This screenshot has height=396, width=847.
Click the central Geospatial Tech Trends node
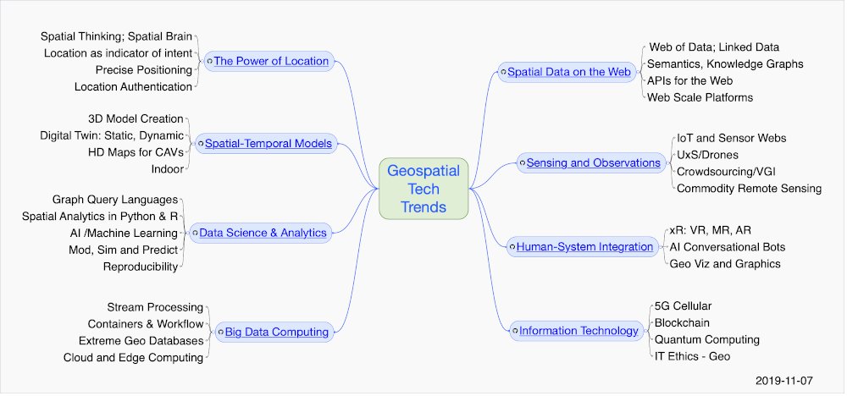(x=423, y=189)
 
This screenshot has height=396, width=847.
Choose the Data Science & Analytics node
(x=262, y=231)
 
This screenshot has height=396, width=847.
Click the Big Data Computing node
(x=275, y=332)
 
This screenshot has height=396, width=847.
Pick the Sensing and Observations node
(x=593, y=162)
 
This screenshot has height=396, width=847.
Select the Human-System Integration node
(x=584, y=247)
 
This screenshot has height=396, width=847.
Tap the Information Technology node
(x=578, y=330)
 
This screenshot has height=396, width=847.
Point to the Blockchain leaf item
(x=683, y=322)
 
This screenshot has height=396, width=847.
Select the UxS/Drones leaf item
(x=707, y=154)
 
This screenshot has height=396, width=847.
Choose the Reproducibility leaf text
(x=141, y=267)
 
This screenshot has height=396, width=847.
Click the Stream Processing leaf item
(x=156, y=306)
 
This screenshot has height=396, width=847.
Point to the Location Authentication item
(x=133, y=86)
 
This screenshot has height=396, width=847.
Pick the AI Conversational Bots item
(x=727, y=247)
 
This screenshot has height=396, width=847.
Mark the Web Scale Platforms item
(x=700, y=97)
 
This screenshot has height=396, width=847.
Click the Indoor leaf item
(x=167, y=169)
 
